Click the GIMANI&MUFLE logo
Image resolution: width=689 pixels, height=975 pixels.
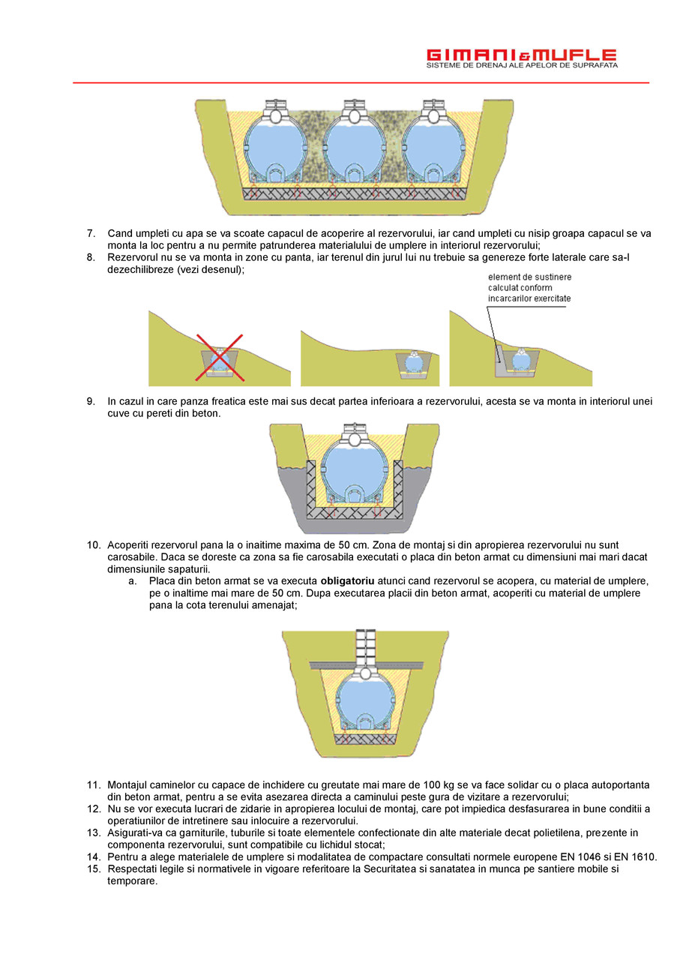[x=521, y=55]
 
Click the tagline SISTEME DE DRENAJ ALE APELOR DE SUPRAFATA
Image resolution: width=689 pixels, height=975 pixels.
[x=521, y=66]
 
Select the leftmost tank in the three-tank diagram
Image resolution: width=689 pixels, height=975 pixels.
[x=276, y=146]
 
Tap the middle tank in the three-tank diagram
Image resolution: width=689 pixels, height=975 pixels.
[x=353, y=146]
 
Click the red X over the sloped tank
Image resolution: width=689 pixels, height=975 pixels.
[x=220, y=356]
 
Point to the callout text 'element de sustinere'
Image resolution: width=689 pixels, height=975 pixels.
[x=529, y=277]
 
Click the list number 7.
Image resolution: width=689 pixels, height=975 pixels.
[x=91, y=233]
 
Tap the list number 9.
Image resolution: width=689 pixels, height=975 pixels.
[x=91, y=401]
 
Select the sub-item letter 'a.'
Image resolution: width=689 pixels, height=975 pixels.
[x=133, y=581]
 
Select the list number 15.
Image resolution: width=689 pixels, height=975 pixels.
[x=93, y=868]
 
